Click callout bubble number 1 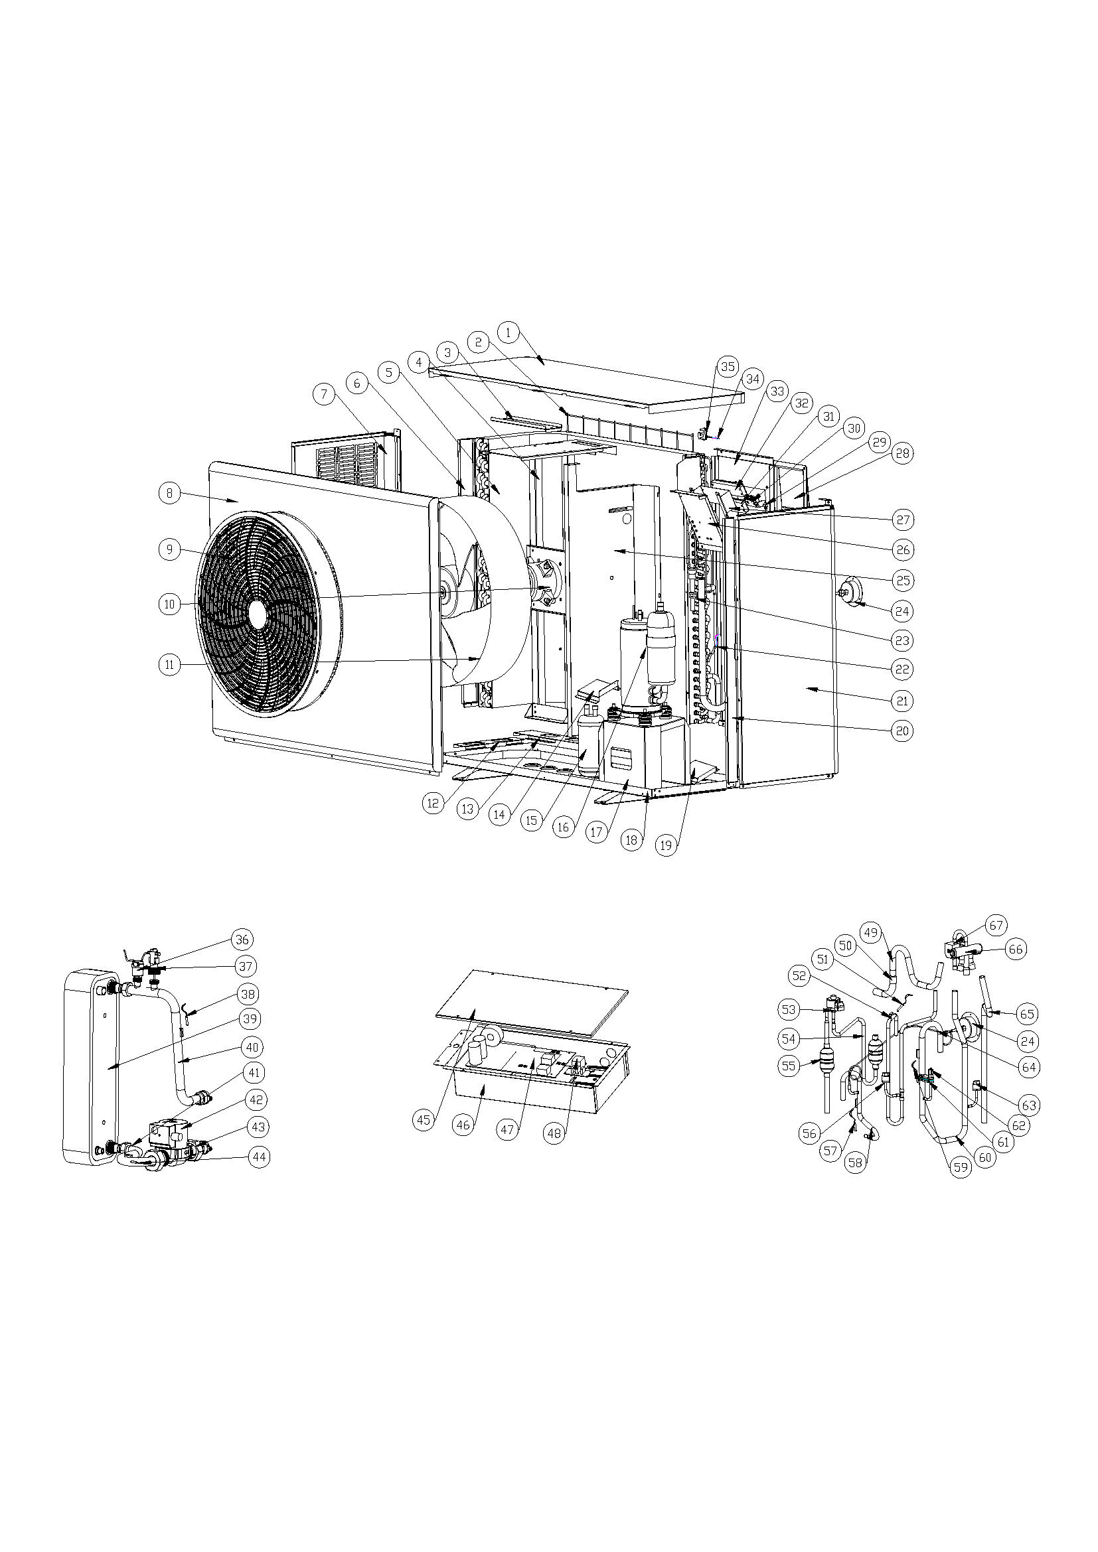[508, 332]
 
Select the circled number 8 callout [170, 494]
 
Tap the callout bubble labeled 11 [170, 664]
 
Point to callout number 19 [667, 845]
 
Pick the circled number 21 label [902, 701]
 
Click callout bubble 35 [728, 367]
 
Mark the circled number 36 [242, 939]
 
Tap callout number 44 [259, 1157]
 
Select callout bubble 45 [424, 1120]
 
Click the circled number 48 [554, 1133]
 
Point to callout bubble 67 [996, 925]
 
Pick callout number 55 [789, 1066]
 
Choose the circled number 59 [961, 1166]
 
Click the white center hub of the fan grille [257, 613]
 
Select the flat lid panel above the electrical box [532, 1002]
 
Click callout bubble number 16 [564, 827]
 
